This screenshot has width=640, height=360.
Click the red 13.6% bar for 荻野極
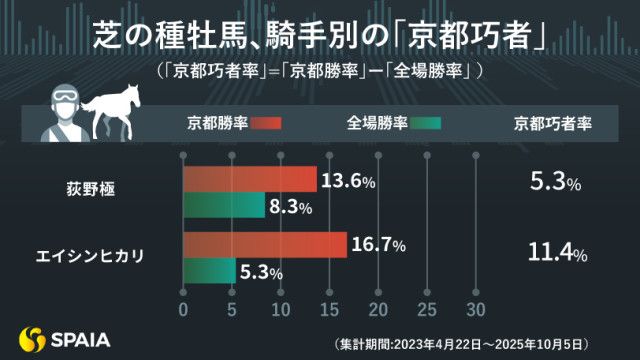tap(250, 181)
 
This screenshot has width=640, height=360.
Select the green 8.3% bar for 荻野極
tap(222, 207)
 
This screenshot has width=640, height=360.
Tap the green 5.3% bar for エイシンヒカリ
tap(208, 271)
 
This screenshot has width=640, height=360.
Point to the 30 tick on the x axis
tap(476, 307)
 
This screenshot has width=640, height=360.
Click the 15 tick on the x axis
tap(329, 307)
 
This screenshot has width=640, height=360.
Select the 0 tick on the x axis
tap(182, 307)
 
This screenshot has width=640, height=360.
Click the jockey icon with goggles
tap(61, 110)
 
